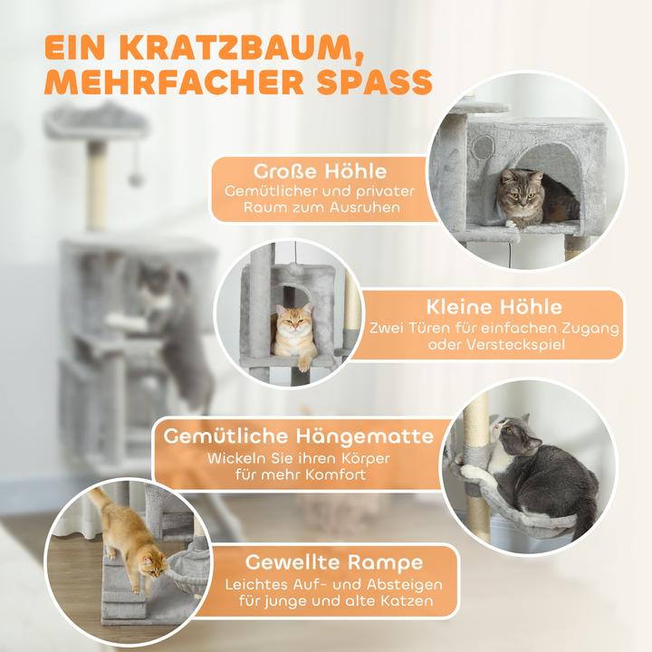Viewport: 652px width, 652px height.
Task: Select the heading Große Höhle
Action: pos(308,170)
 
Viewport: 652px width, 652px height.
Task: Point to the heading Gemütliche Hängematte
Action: pos(299,436)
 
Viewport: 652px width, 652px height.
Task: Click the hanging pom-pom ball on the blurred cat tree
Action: pos(136,180)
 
